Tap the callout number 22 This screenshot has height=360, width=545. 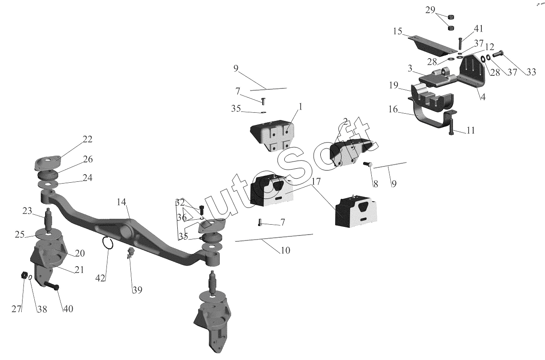click(x=88, y=139)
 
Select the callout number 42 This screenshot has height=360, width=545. click(x=100, y=278)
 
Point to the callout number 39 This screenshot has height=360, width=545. click(x=137, y=290)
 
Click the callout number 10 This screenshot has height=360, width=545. click(x=285, y=250)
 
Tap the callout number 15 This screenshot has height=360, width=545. click(x=397, y=32)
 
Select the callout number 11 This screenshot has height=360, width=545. click(x=470, y=131)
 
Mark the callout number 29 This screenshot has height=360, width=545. click(x=430, y=10)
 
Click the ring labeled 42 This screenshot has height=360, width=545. click(x=107, y=244)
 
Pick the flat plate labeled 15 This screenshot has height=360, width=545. click(x=431, y=44)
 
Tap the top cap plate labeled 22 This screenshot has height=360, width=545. click(x=47, y=162)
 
